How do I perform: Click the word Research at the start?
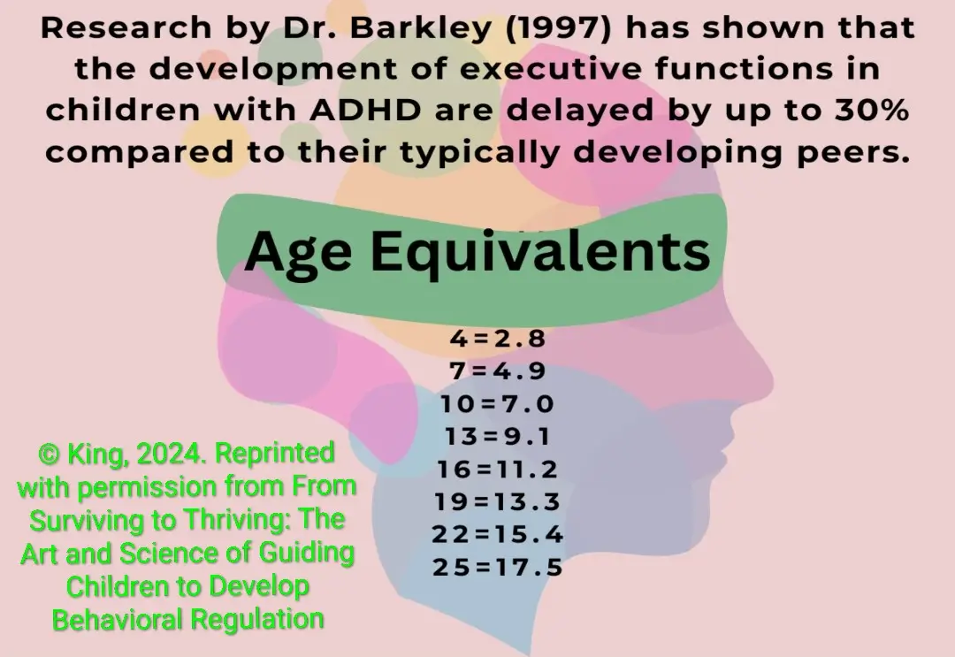pyautogui.click(x=111, y=29)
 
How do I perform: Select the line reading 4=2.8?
pyautogui.click(x=498, y=339)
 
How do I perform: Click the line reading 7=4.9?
pyautogui.click(x=497, y=371)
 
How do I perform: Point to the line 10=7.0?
pyautogui.click(x=497, y=404)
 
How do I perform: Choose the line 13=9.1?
pyautogui.click(x=497, y=437)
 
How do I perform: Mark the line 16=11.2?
pyautogui.click(x=497, y=470)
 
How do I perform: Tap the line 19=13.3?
pyautogui.click(x=497, y=502)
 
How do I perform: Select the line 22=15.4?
pyautogui.click(x=497, y=535)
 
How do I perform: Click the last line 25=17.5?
pyautogui.click(x=497, y=568)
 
